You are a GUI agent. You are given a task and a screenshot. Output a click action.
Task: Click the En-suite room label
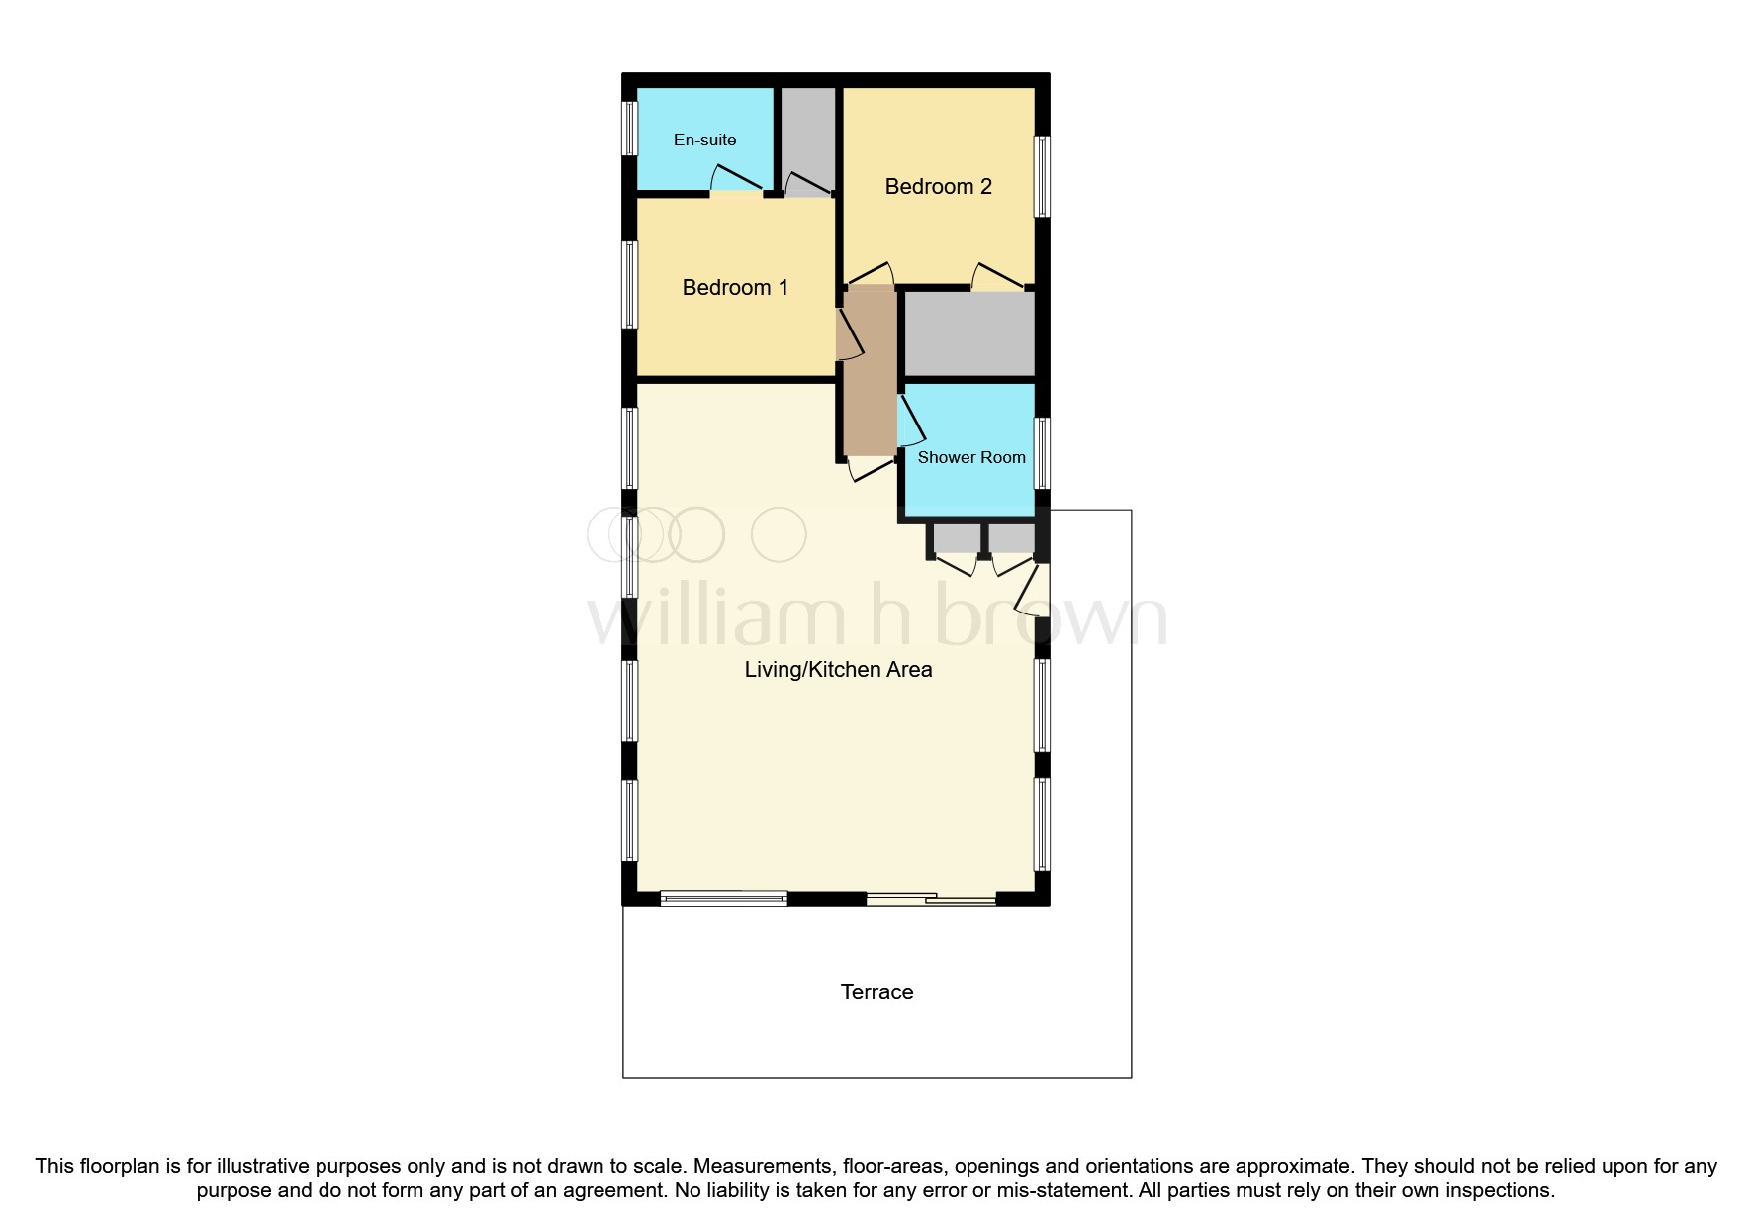click(704, 140)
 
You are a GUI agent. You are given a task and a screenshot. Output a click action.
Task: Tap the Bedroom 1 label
click(735, 288)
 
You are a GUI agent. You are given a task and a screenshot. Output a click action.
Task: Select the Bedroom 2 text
click(938, 187)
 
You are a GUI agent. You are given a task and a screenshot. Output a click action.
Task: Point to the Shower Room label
click(970, 457)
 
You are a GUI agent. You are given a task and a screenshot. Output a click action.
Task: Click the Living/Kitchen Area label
click(838, 670)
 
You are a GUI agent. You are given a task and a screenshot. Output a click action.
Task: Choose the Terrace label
click(876, 992)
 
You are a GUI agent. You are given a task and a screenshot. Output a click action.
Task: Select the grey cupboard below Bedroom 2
click(969, 333)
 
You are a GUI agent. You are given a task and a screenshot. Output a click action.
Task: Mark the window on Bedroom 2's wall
click(1042, 176)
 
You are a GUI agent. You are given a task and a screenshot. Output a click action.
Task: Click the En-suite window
click(629, 128)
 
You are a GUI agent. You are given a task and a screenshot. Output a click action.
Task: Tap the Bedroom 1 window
click(629, 284)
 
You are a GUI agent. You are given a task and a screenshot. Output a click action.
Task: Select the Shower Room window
click(1042, 453)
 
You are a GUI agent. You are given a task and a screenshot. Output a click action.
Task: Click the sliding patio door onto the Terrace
click(931, 898)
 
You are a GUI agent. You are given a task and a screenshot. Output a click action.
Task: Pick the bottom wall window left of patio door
click(723, 898)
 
